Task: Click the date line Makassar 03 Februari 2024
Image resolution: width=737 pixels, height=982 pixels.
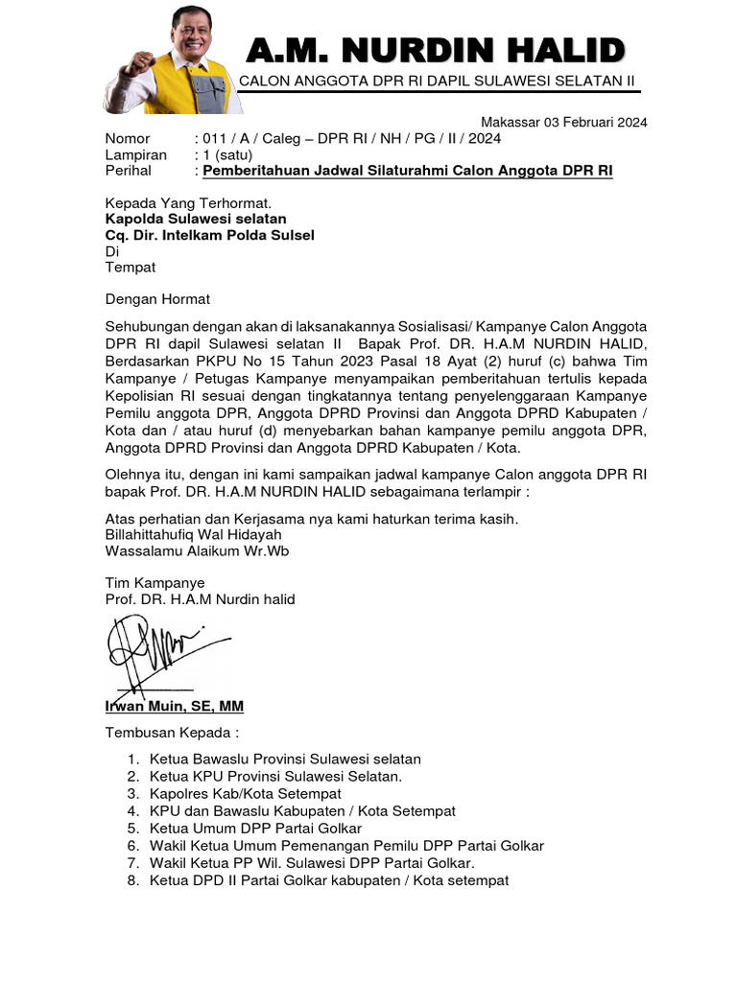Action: [x=563, y=122]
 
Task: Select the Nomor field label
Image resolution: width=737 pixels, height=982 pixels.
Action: [x=128, y=138]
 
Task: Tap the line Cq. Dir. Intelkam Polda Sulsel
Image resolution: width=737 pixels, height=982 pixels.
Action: [x=209, y=235]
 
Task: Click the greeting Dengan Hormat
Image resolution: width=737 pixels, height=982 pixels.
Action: [x=157, y=299]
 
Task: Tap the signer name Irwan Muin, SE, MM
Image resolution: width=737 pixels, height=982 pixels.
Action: [x=174, y=706]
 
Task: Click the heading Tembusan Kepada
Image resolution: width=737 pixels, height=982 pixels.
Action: [x=171, y=733]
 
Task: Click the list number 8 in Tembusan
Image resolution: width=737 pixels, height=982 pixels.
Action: [x=132, y=880]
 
